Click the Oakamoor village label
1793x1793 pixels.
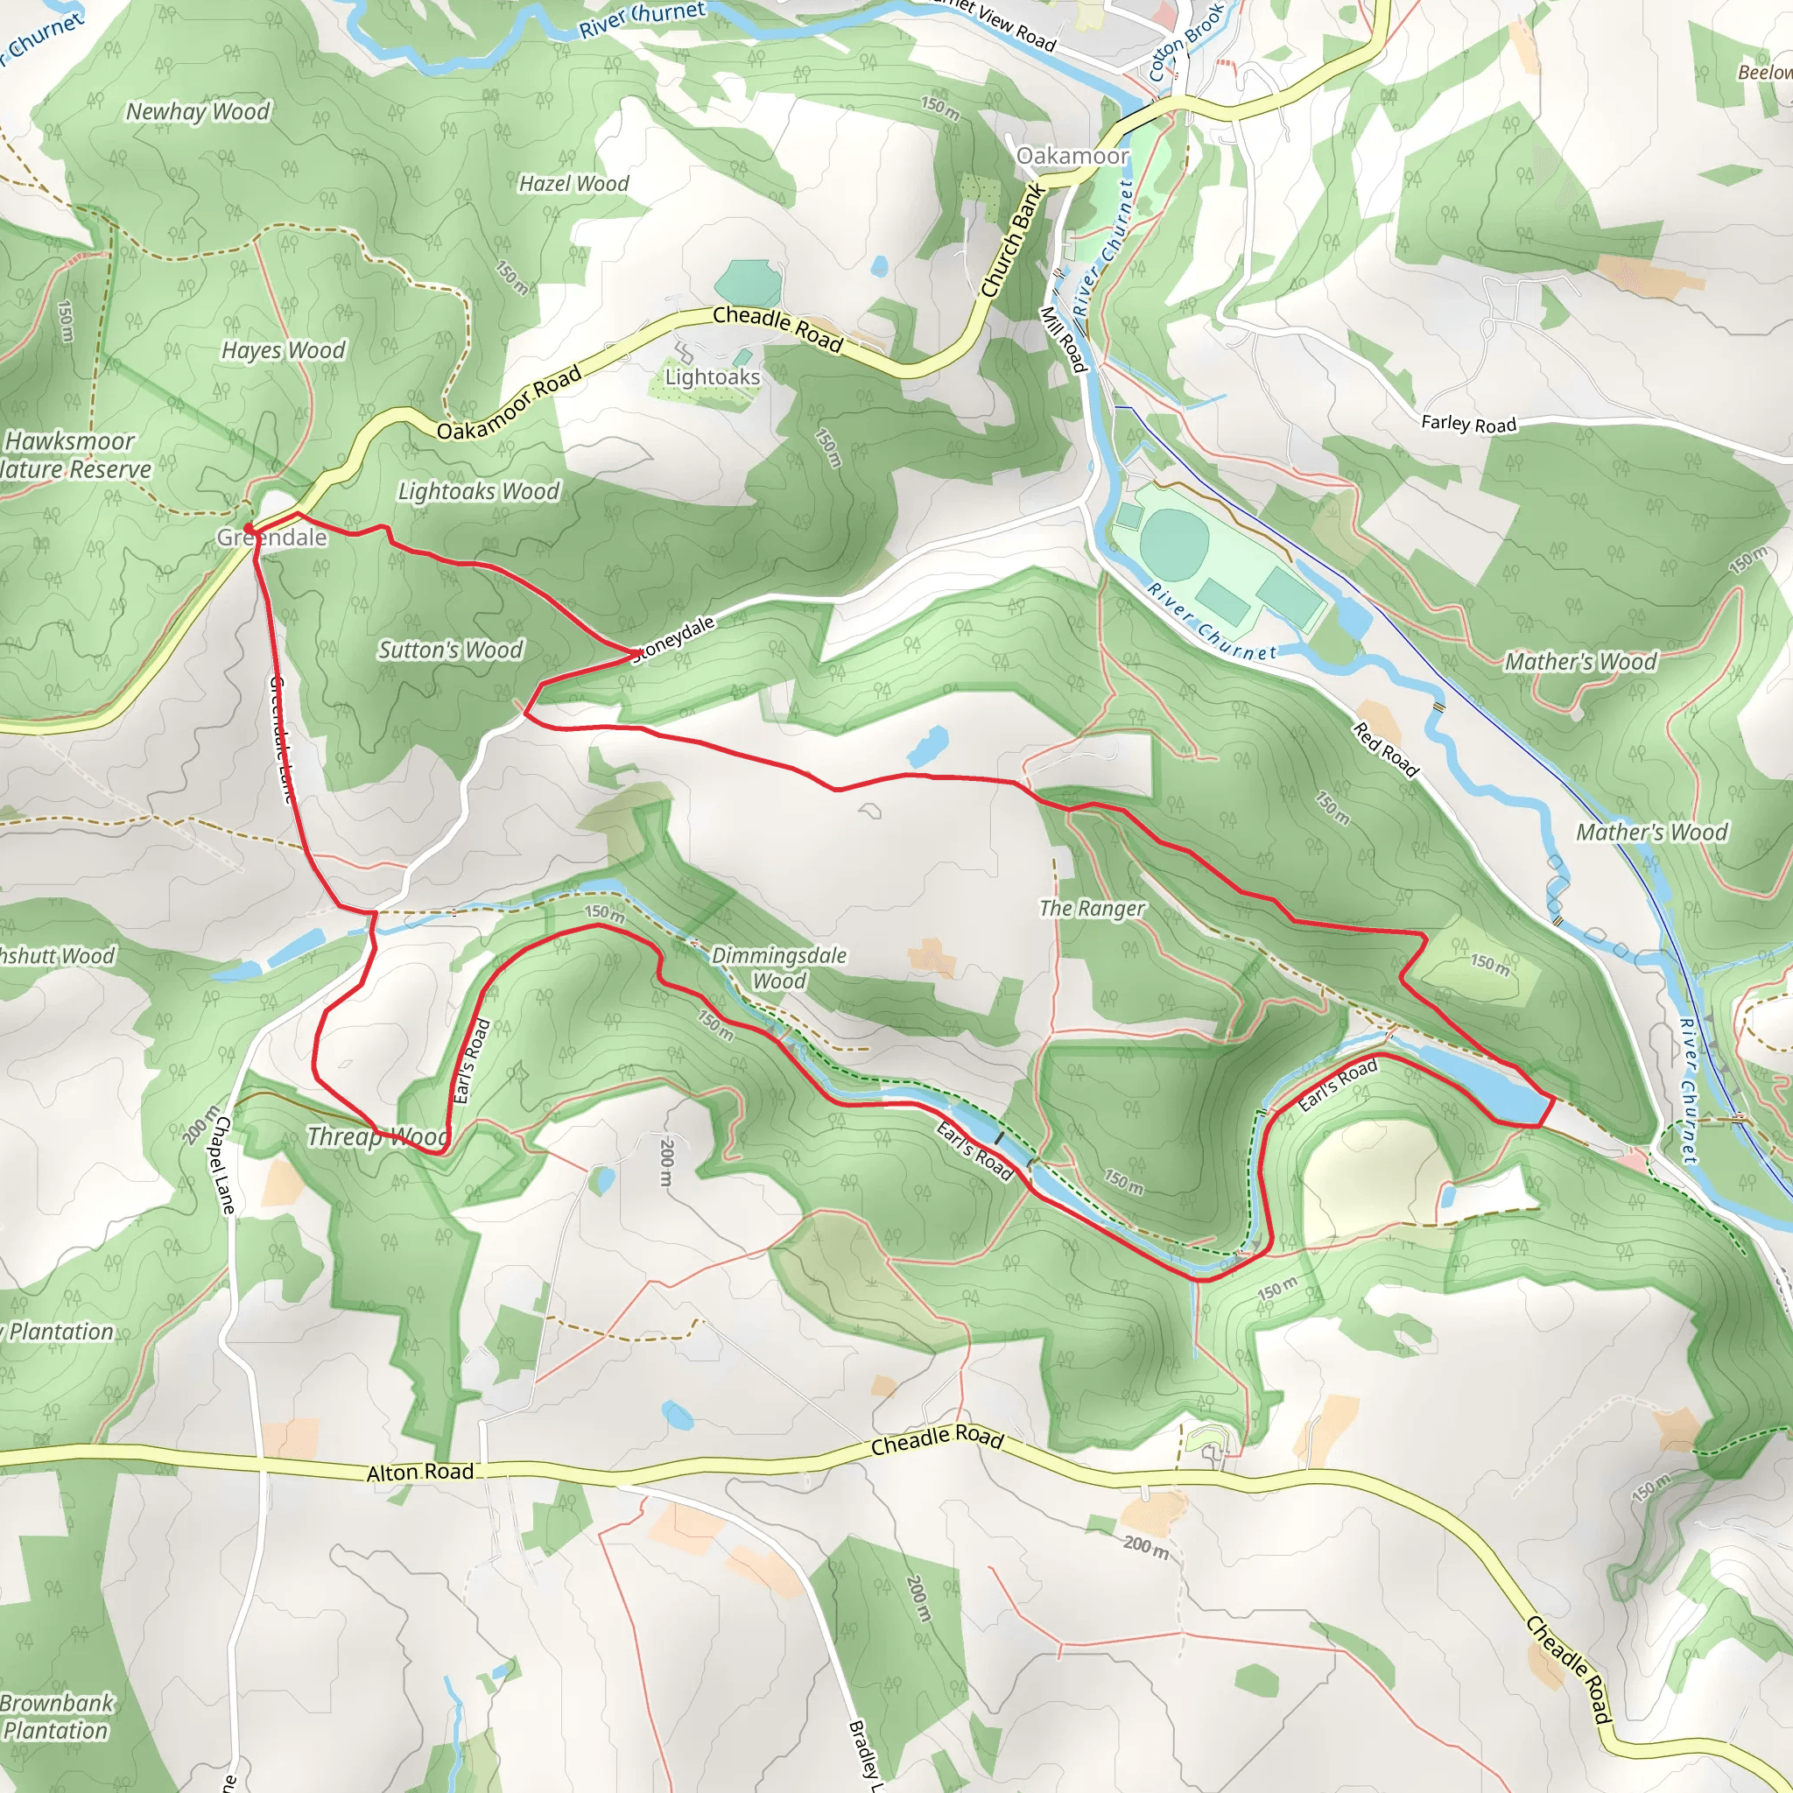tap(1072, 156)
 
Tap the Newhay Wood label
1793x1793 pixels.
tap(198, 112)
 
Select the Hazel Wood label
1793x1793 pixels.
tap(573, 184)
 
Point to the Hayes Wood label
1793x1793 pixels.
tap(283, 350)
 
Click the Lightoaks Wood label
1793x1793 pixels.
tap(479, 491)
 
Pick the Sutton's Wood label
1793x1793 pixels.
tap(450, 650)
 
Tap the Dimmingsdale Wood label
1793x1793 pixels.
tap(778, 968)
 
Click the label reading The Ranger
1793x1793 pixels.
tap(1092, 908)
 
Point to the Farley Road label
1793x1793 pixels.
tap(1468, 424)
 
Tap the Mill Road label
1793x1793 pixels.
tap(1064, 340)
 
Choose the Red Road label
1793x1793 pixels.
tap(1386, 750)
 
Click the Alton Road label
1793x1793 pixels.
tap(419, 1472)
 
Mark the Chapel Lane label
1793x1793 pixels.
tap(223, 1165)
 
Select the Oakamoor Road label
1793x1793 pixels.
tap(509, 403)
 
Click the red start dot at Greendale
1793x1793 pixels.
tap(249, 528)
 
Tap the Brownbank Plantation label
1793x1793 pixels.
tap(56, 1716)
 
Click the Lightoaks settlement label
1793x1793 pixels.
tap(712, 376)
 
